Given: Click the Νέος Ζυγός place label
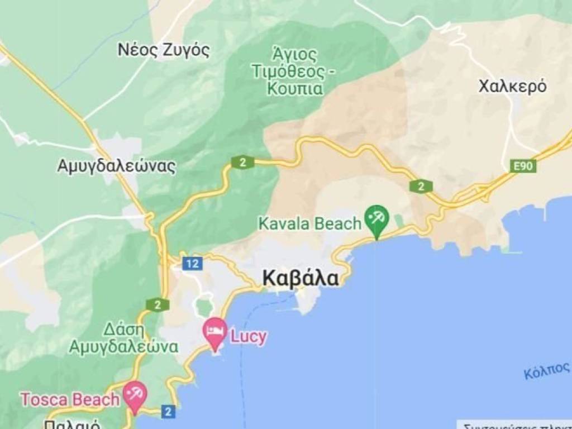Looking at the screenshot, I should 164,50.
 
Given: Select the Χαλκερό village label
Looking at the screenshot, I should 512,87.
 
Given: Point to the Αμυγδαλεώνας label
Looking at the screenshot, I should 116,166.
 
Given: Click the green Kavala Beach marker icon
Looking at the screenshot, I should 376,218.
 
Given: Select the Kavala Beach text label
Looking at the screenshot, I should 309,224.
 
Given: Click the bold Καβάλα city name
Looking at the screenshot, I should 301,278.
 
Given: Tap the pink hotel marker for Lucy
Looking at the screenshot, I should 215,330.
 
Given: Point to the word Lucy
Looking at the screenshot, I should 249,337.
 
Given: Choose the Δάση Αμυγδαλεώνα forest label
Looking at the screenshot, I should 123,338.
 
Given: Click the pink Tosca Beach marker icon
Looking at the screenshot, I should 135,393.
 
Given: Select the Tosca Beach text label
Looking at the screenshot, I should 70,399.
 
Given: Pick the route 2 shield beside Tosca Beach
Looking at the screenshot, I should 168,412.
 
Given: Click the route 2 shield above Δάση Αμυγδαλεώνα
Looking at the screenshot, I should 158,304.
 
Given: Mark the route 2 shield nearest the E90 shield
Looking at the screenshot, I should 421,186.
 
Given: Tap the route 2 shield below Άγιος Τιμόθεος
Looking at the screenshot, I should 242,162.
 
